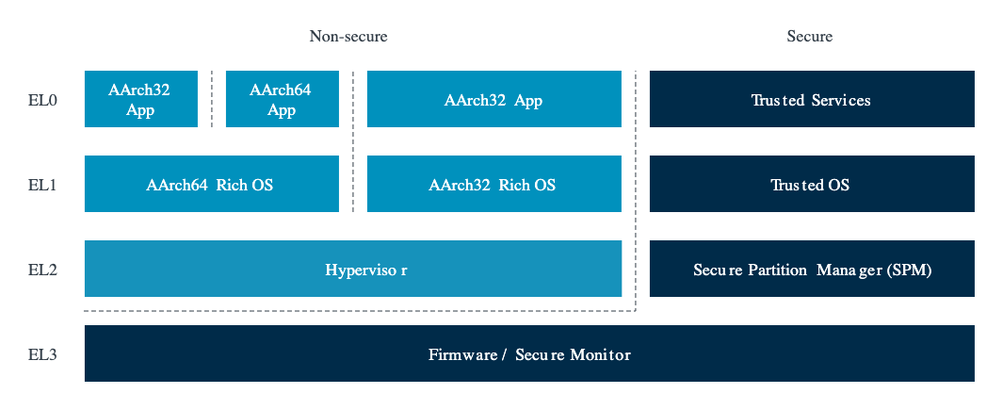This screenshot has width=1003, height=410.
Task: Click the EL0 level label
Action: click(x=42, y=99)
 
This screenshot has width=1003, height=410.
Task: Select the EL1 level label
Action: click(x=42, y=185)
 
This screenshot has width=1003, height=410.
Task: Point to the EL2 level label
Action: click(x=42, y=270)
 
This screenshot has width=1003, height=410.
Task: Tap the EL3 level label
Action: click(x=42, y=354)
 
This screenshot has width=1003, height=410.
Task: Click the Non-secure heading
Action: click(x=348, y=37)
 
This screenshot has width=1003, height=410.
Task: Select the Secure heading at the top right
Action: click(x=809, y=37)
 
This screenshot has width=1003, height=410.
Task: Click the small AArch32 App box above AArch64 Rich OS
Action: click(x=140, y=99)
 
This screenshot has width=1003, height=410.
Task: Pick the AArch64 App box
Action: click(x=281, y=99)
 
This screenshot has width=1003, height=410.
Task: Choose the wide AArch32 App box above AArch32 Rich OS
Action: click(x=493, y=99)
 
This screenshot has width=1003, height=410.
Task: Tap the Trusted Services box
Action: click(x=811, y=99)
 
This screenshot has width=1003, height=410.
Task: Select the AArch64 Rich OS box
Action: click(x=210, y=185)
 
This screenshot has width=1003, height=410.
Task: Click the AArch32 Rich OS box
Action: click(x=493, y=185)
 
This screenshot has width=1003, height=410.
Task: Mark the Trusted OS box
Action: click(x=811, y=185)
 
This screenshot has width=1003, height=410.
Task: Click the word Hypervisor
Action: click(x=365, y=270)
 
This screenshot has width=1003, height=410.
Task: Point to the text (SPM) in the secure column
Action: click(x=911, y=270)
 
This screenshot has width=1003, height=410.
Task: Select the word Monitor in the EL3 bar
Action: click(x=600, y=355)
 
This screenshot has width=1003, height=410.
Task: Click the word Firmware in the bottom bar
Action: click(x=461, y=355)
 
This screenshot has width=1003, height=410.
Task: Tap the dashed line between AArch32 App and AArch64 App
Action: click(x=212, y=99)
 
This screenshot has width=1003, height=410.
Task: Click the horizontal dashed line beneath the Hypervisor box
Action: click(x=358, y=310)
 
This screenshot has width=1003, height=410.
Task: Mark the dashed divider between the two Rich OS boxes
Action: click(x=353, y=185)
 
